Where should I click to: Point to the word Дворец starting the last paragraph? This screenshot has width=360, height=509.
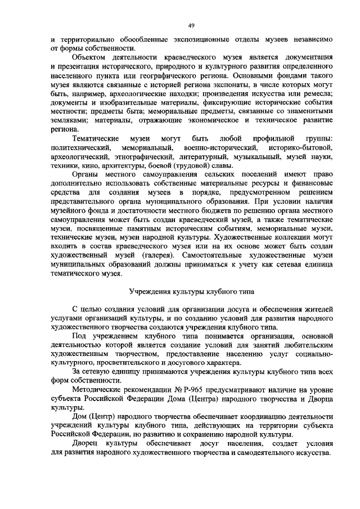[x=86, y=444]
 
